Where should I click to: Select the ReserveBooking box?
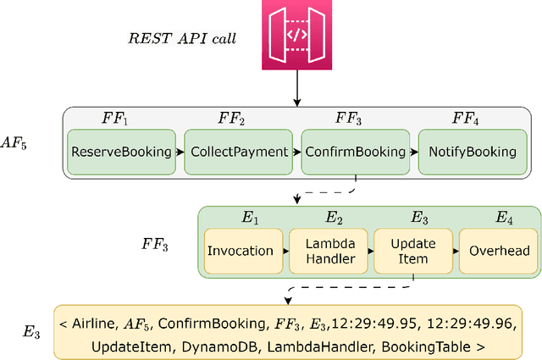pos(121,152)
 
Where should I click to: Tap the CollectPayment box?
pos(238,152)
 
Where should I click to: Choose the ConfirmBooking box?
pos(355,152)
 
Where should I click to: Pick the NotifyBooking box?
pos(472,152)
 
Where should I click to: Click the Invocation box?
pos(240,251)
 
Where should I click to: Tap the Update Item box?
pos(412,251)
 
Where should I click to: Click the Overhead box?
pos(498,251)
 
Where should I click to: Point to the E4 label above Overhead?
pos(505,218)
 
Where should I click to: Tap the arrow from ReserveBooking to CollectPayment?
pos(180,152)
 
